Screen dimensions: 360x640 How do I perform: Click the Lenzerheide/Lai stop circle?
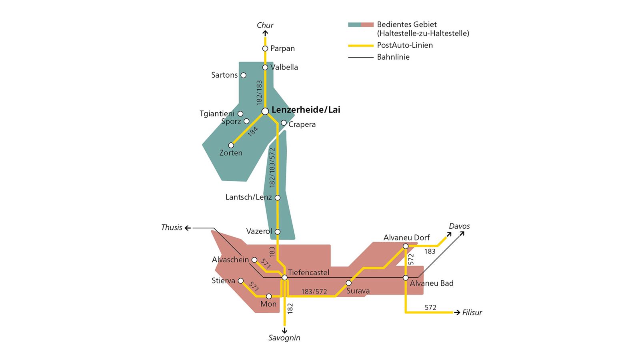tap(265, 111)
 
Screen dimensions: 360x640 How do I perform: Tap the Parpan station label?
tap(282, 48)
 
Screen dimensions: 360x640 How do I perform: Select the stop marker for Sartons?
tap(243, 75)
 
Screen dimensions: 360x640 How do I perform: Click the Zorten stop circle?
tap(231, 145)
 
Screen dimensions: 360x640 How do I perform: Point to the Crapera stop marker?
tap(284, 123)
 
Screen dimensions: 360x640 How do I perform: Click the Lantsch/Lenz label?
tap(248, 197)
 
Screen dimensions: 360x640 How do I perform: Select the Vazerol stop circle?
tap(278, 232)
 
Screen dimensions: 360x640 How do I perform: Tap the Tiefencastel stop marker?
tap(284, 278)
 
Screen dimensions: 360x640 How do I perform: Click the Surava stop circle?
tap(348, 283)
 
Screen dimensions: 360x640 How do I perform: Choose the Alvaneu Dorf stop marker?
tap(406, 246)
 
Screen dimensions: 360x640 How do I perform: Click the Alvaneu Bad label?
tap(432, 283)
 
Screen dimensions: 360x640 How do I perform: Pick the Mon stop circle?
tap(269, 296)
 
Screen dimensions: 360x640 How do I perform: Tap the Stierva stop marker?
tap(241, 281)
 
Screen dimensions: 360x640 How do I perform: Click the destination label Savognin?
tap(284, 338)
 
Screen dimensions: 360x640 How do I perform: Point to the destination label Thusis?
tap(172, 228)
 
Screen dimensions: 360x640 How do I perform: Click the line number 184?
tap(252, 131)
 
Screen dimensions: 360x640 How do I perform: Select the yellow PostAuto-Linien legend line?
tap(361, 46)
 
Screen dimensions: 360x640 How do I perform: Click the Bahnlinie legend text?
tap(393, 57)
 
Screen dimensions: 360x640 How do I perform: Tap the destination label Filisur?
tap(472, 312)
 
